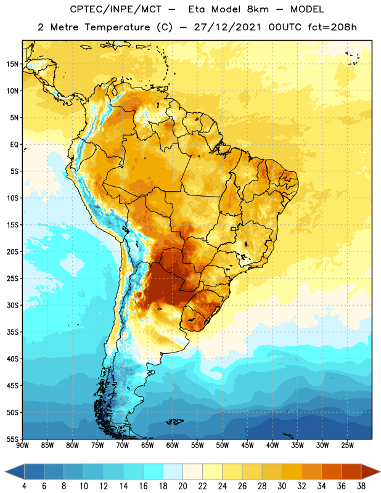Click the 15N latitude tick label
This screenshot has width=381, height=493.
pos(12,64)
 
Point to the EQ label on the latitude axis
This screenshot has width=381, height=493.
pos(14,145)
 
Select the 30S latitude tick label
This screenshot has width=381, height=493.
pos(12,305)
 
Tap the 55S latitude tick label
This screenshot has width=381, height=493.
pos(12,439)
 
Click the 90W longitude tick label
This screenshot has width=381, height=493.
pos(22,445)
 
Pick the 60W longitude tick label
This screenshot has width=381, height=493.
pos(173,445)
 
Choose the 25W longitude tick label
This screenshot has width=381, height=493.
pos(347,445)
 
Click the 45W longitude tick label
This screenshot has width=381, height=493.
pos(247,445)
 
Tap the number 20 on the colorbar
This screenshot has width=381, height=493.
pos(182,486)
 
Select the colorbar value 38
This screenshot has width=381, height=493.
pos(361,486)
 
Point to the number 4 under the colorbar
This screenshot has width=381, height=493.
pos(24,486)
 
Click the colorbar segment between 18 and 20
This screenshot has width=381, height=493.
pos(173,471)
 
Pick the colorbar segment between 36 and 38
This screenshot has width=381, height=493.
pos(351,471)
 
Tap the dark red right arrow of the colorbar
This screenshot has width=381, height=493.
pos(370,471)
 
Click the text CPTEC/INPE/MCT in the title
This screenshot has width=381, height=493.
pos(116,9)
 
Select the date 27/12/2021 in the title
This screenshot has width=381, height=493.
pos(227,27)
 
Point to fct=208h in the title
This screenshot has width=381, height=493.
pos(332,27)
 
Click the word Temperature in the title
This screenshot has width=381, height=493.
pos(117,27)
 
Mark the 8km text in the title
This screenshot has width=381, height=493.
pos(258,9)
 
